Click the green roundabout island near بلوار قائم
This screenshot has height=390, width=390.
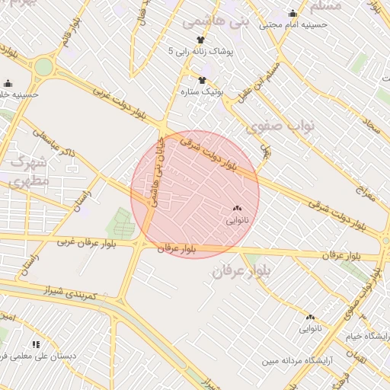point(43,67)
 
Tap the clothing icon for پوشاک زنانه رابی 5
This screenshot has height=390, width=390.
point(200,40)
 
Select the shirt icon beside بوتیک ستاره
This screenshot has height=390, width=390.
point(202,80)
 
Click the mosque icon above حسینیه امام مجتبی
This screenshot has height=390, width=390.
point(293,13)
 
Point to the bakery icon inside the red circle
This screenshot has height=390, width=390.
point(236,208)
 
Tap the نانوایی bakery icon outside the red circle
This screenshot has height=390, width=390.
point(310,317)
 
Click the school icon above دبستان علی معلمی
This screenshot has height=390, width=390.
point(36,344)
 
